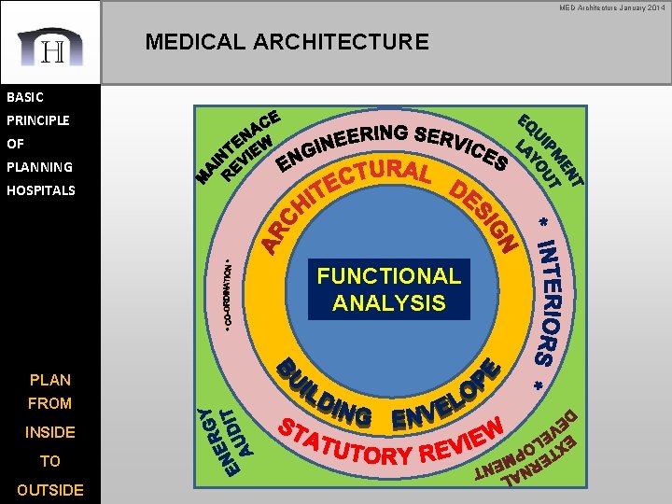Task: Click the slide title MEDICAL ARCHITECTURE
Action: (x=287, y=42)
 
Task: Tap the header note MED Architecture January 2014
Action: (x=612, y=7)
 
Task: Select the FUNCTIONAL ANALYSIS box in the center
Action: (x=388, y=289)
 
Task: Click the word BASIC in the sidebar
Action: (x=25, y=96)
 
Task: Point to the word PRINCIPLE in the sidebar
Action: (x=38, y=120)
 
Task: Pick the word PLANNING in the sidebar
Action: (x=38, y=167)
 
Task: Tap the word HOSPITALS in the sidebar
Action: (x=41, y=190)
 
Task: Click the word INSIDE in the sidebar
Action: (x=49, y=432)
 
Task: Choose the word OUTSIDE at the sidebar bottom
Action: (x=49, y=490)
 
